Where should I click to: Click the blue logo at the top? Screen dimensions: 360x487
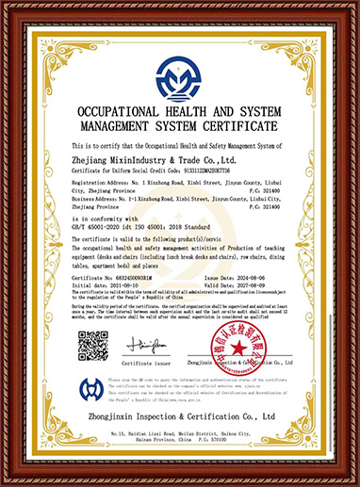(x=180, y=79)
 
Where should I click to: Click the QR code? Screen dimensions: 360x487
(x=91, y=348)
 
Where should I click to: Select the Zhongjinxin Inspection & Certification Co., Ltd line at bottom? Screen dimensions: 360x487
(x=179, y=415)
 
